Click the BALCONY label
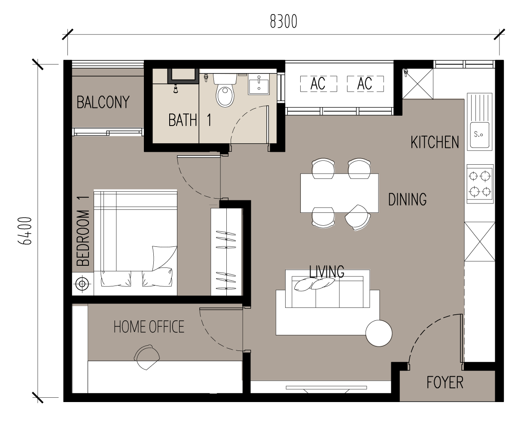click(103, 102)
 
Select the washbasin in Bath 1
click(259, 86)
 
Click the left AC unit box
click(318, 83)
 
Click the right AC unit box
click(365, 83)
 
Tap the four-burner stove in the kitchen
click(480, 184)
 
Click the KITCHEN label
click(435, 142)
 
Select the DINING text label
click(407, 200)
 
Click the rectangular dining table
click(339, 193)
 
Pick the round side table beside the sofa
click(378, 333)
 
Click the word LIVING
click(327, 272)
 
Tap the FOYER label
click(445, 382)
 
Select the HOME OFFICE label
click(149, 327)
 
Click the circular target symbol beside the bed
click(82, 284)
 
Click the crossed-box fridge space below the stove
click(479, 241)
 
